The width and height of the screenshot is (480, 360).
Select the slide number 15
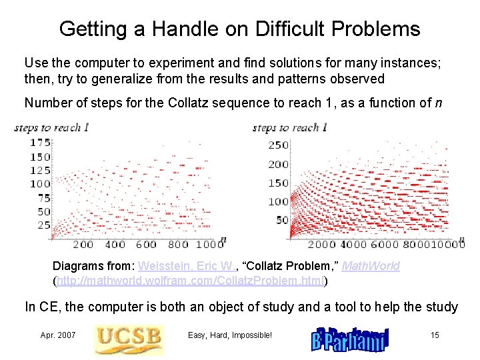point(435,335)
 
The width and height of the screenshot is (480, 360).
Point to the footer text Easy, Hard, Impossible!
point(230,335)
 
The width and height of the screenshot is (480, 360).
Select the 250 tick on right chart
point(278,145)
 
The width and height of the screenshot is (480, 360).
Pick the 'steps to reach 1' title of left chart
point(51,127)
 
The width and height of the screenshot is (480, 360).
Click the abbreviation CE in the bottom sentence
point(44,307)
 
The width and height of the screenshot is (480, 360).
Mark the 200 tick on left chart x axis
point(83,245)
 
